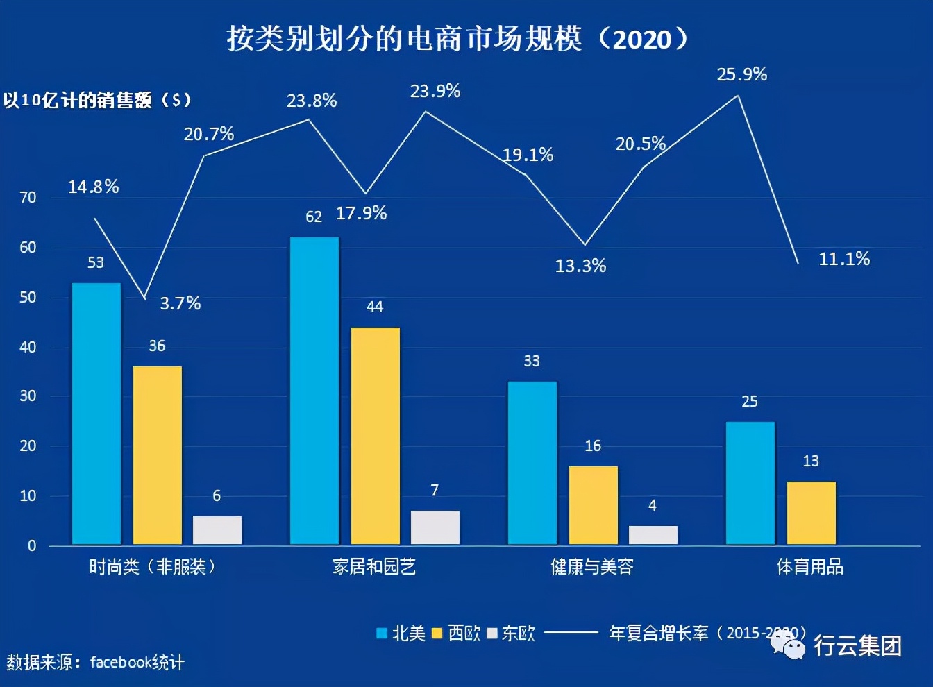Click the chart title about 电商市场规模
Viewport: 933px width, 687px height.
pyautogui.click(x=457, y=39)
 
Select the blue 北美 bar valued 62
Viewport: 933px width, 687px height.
pyautogui.click(x=314, y=391)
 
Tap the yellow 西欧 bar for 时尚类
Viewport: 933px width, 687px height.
pyautogui.click(x=158, y=455)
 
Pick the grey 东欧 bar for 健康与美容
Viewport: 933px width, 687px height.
pyautogui.click(x=653, y=535)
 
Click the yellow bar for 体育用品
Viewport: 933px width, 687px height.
pyautogui.click(x=812, y=513)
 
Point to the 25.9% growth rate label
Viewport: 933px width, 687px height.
pyautogui.click(x=742, y=74)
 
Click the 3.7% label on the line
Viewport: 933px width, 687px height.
pyautogui.click(x=180, y=303)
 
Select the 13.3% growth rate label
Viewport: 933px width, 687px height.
pyautogui.click(x=580, y=266)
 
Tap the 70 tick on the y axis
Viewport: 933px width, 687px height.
pyautogui.click(x=28, y=198)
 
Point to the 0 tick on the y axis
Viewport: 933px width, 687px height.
pyautogui.click(x=32, y=546)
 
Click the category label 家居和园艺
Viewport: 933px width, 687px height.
pyautogui.click(x=374, y=567)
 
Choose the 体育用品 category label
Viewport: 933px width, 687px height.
pyautogui.click(x=810, y=567)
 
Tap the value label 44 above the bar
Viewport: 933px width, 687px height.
pyautogui.click(x=375, y=307)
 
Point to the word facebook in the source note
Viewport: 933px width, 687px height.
pyautogui.click(x=120, y=663)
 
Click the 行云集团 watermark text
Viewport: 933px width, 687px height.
pyautogui.click(x=857, y=645)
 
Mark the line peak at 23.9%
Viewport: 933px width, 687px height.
pyautogui.click(x=426, y=112)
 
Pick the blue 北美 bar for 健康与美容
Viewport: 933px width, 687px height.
pyautogui.click(x=532, y=463)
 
